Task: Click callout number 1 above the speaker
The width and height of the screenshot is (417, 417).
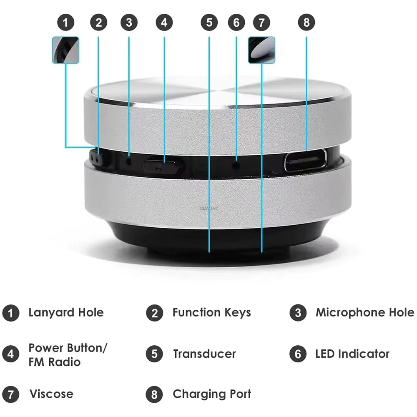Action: tap(65, 23)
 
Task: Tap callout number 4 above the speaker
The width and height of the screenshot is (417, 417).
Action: tap(164, 23)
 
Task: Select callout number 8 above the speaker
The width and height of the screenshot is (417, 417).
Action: tap(306, 23)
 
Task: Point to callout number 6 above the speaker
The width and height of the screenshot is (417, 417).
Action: tap(236, 23)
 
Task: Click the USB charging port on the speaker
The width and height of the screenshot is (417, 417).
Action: tap(305, 161)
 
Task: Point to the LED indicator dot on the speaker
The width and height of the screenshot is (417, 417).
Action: tap(236, 165)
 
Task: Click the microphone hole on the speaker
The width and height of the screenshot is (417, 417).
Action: tap(129, 160)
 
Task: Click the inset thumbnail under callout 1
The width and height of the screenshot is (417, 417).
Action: tap(65, 50)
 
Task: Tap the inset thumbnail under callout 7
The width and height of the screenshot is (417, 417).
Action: tap(261, 50)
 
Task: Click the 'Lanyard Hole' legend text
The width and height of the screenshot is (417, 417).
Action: tap(66, 312)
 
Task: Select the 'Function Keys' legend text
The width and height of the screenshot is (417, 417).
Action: tap(211, 312)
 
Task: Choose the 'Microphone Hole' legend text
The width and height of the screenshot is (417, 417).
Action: tap(364, 312)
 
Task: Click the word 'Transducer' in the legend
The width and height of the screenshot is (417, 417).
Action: tap(204, 354)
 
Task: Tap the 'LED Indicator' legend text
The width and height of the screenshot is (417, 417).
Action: tap(352, 354)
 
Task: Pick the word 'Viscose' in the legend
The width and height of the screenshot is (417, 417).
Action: tap(51, 394)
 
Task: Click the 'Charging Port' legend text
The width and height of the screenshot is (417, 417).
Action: tap(212, 394)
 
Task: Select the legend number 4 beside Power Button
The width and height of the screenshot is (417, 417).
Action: tap(10, 354)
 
